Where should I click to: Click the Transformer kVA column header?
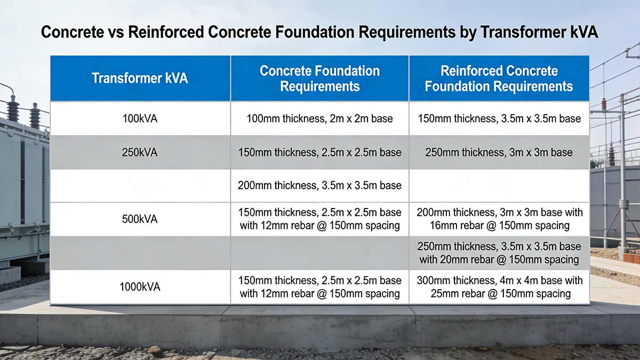[140, 78]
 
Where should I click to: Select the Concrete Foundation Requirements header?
[319, 78]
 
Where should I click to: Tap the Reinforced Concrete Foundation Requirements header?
[499, 78]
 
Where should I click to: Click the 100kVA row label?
[140, 118]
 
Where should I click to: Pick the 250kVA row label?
[140, 153]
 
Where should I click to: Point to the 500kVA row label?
[140, 219]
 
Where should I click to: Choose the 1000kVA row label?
[140, 287]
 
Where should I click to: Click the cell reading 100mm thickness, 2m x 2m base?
[319, 118]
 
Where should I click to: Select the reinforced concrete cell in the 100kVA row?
[499, 118]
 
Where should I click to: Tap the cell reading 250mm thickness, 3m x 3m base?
[499, 153]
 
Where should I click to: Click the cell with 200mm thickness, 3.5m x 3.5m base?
[319, 186]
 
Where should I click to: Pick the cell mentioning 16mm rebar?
[499, 219]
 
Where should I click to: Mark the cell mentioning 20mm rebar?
[499, 253]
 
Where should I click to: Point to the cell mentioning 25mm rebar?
[499, 287]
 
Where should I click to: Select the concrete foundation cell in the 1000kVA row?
[319, 287]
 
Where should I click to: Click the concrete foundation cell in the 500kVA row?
[319, 219]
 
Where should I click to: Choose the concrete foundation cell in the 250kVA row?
[319, 153]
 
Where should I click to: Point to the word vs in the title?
[116, 33]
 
